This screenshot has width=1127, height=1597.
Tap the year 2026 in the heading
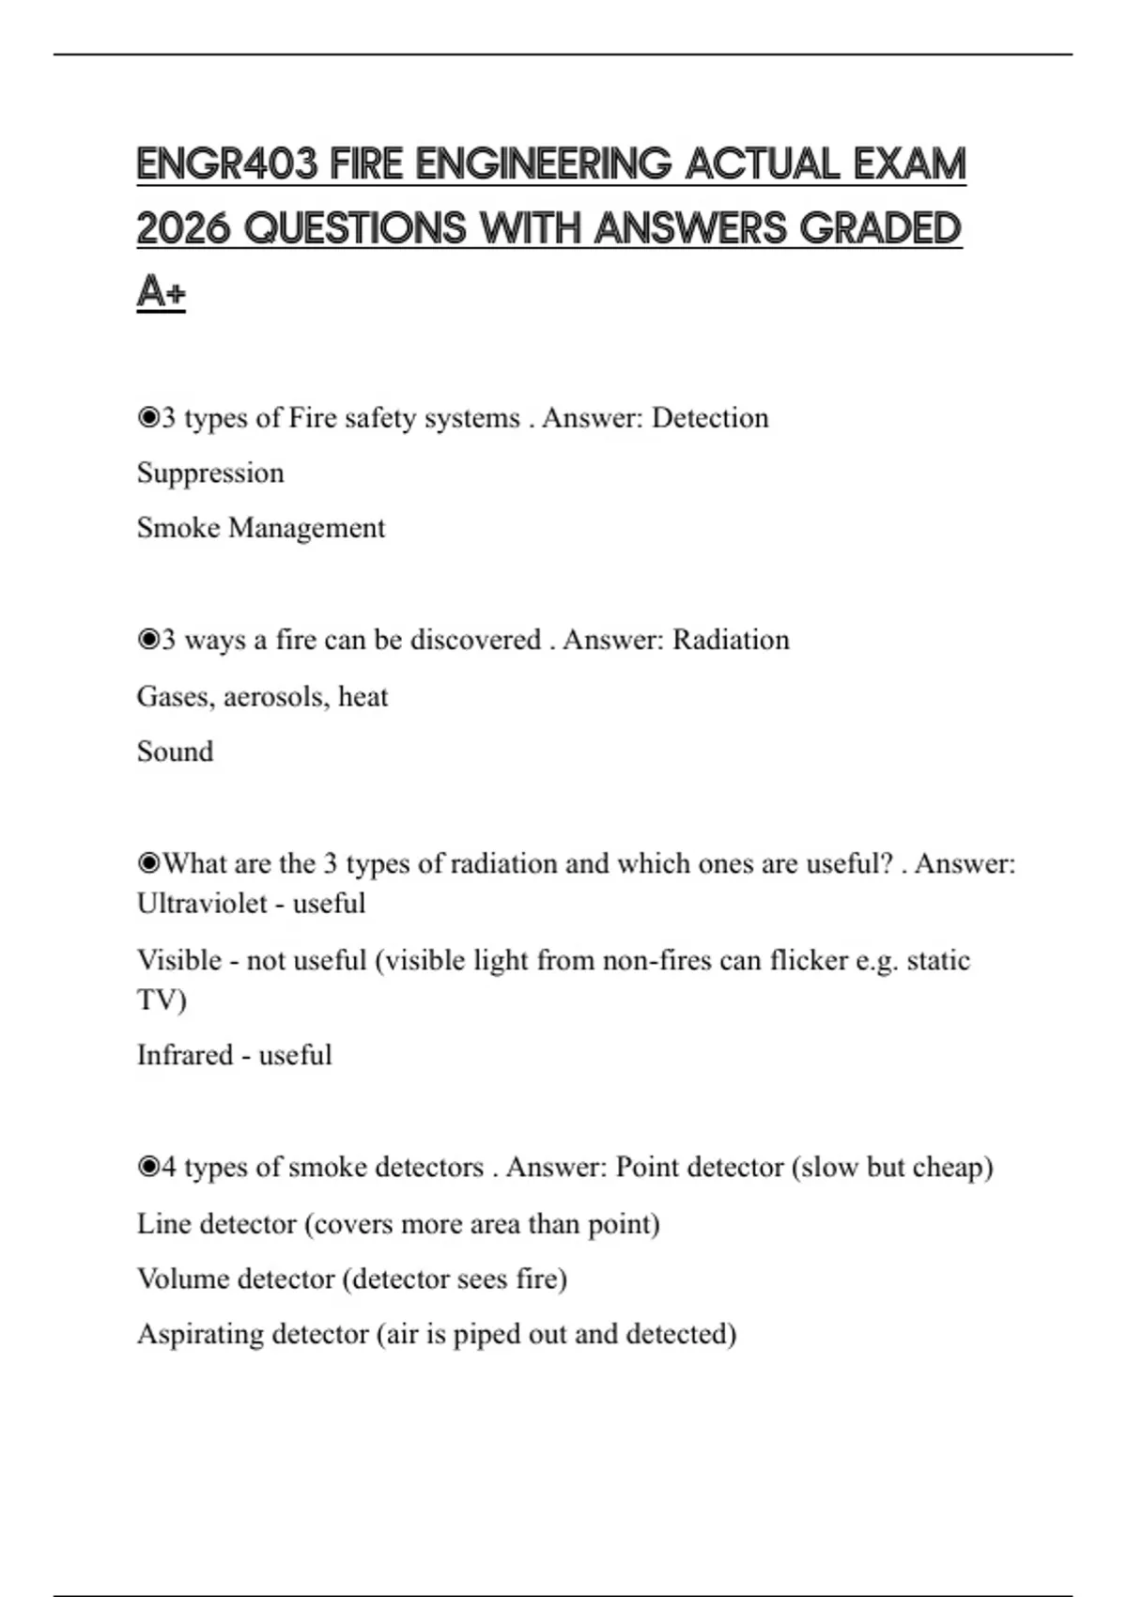tap(183, 228)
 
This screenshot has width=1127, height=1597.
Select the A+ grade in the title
tap(161, 291)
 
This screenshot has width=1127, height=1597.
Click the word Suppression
tap(210, 473)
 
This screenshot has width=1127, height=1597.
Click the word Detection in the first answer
tap(710, 418)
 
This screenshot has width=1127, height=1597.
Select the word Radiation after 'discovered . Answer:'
tap(731, 640)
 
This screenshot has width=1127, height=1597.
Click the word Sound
tap(175, 752)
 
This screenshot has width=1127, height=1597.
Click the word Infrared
tap(184, 1055)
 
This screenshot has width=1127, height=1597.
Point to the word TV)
tap(162, 1000)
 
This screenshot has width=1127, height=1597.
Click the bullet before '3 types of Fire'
tap(147, 418)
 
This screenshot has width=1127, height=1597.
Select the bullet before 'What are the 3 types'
tap(147, 863)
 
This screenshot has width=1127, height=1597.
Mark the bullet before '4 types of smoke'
tap(147, 1168)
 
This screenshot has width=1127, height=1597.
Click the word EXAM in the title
tap(909, 164)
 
